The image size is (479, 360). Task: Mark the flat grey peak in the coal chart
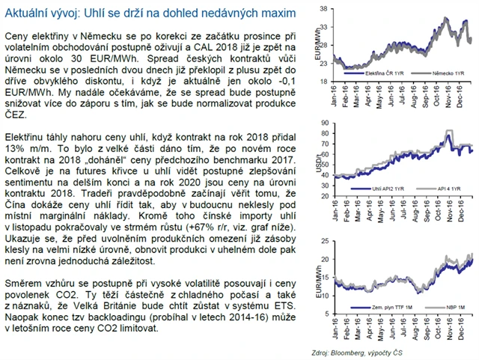(448, 132)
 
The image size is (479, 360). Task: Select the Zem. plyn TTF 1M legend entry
(382, 308)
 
